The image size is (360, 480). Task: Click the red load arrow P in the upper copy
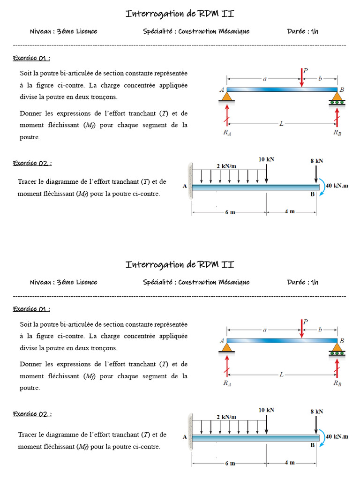(301, 78)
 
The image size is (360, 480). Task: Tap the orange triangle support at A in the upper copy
(227, 97)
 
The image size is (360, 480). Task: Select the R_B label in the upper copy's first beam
(337, 133)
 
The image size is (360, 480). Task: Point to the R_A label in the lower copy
(227, 383)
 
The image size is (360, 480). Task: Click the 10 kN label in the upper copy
(266, 159)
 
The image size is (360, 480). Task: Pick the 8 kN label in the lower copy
(316, 412)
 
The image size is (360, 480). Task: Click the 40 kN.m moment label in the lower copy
(337, 436)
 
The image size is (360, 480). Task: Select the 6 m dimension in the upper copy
(230, 212)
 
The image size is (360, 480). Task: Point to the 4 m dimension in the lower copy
(290, 462)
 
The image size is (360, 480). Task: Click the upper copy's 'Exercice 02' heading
(32, 163)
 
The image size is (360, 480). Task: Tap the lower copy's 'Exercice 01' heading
(31, 309)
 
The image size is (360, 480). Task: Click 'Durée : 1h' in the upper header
(303, 31)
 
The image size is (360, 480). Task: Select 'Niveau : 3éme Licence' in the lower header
(64, 282)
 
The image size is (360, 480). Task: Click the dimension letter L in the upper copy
(281, 124)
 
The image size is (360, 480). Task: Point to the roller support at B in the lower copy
(337, 349)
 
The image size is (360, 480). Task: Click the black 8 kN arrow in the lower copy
(316, 425)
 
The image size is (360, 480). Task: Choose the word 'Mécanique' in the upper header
(233, 31)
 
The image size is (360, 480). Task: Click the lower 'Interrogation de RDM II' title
(180, 265)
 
